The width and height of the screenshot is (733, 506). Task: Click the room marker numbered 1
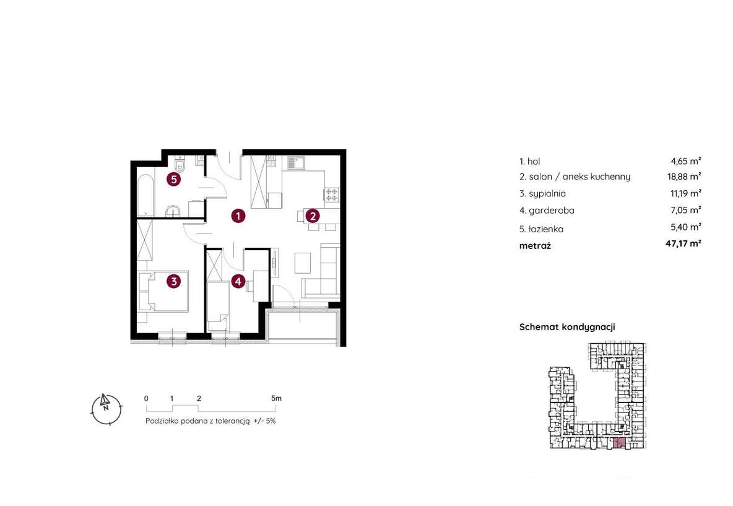pyautogui.click(x=238, y=216)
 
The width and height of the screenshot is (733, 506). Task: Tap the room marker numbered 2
pyautogui.click(x=313, y=216)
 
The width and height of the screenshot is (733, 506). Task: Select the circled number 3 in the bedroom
pyautogui.click(x=174, y=281)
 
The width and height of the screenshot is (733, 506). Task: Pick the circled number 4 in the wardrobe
pyautogui.click(x=238, y=281)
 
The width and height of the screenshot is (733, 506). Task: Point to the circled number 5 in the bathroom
pyautogui.click(x=174, y=179)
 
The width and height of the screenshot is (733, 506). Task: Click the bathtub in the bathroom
pyautogui.click(x=145, y=196)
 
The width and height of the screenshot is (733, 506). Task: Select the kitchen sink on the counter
pyautogui.click(x=296, y=163)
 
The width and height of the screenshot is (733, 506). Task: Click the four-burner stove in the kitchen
pyautogui.click(x=331, y=194)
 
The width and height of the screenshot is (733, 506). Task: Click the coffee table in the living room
pyautogui.click(x=303, y=263)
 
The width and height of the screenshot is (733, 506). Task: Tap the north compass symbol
pyautogui.click(x=106, y=408)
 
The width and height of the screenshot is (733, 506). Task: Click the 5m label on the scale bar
pyautogui.click(x=276, y=398)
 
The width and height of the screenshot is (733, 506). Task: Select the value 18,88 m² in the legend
pyautogui.click(x=684, y=177)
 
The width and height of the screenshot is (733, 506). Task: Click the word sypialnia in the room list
pyautogui.click(x=547, y=194)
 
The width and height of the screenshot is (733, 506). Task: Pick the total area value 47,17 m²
pyautogui.click(x=683, y=243)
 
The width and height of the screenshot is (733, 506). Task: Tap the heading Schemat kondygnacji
pyautogui.click(x=567, y=328)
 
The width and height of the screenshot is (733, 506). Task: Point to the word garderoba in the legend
pyautogui.click(x=552, y=211)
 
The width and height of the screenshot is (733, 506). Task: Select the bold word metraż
pyautogui.click(x=535, y=245)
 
